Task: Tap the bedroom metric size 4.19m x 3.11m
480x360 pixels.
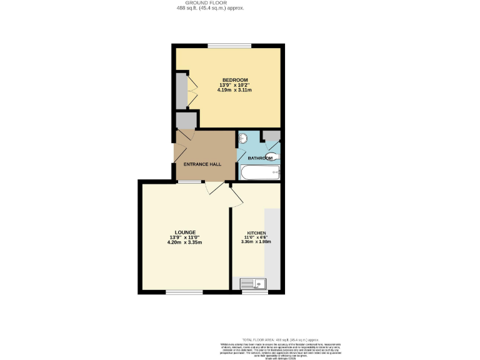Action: pos(234,90)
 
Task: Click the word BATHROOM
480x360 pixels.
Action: pos(260,158)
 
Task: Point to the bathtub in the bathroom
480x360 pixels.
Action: pos(259,172)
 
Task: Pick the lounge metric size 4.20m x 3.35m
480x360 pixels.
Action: pos(184,242)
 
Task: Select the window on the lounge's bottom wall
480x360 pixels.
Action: pos(184,292)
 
